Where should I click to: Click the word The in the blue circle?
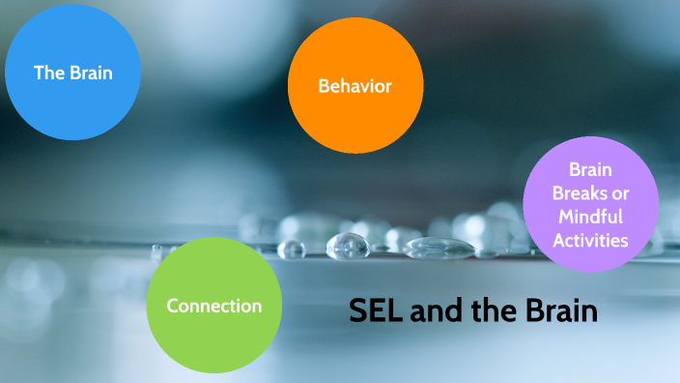coord(47,73)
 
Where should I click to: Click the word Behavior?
coord(355,86)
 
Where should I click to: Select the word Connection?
coord(213,307)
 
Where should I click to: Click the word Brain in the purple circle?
coord(590,169)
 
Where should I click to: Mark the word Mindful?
coord(590,217)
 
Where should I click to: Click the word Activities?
coord(590,240)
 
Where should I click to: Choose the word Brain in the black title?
coord(559,312)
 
